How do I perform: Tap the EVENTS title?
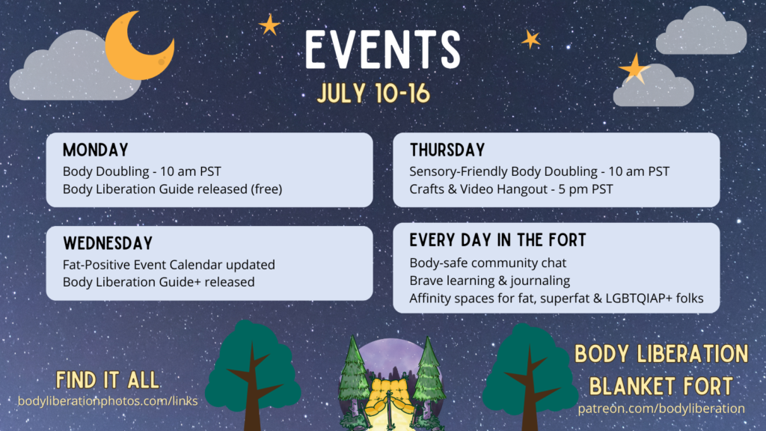(383, 49)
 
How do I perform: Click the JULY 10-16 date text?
(373, 94)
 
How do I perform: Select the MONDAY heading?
(95, 150)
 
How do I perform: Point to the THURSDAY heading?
(447, 150)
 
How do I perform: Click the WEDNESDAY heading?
(108, 243)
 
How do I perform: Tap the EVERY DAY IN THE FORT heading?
(497, 240)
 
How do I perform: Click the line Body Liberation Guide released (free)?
(173, 189)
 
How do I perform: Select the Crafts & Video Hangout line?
(511, 189)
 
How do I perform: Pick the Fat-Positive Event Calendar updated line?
(168, 265)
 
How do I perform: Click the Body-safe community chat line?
(488, 263)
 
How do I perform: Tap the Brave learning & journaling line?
(489, 281)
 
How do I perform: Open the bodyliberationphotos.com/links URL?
(108, 401)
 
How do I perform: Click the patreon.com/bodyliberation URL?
(661, 409)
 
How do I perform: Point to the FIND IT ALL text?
(108, 380)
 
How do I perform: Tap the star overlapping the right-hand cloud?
(634, 68)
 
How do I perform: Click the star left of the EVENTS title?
(269, 25)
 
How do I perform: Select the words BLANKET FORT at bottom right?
(661, 386)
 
